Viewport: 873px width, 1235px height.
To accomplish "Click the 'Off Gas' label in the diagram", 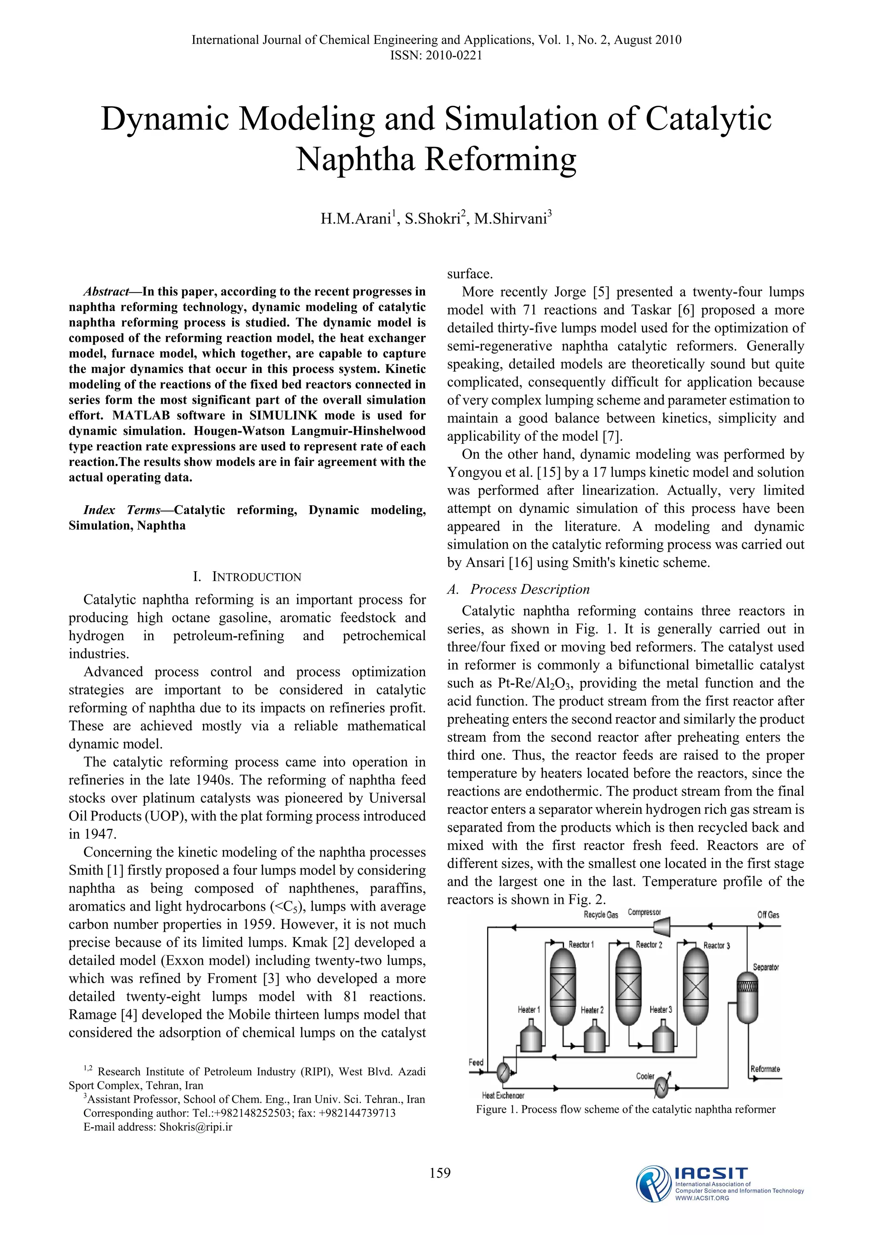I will tap(768, 915).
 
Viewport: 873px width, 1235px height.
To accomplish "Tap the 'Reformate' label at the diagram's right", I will tap(766, 1069).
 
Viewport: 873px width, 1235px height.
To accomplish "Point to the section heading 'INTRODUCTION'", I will tap(257, 577).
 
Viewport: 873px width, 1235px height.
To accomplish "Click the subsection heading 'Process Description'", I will tap(529, 590).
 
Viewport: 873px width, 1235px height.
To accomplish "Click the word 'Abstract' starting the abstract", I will tap(106, 292).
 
